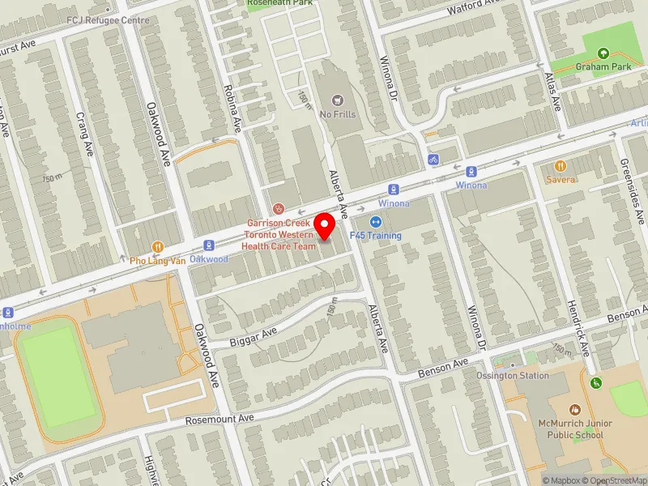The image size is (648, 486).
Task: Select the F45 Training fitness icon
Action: (x=376, y=222)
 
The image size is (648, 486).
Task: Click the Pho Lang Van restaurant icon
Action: (x=158, y=247)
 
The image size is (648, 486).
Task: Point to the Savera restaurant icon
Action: (x=560, y=166)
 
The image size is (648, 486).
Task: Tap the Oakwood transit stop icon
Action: (x=208, y=245)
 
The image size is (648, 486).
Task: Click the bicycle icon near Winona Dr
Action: (x=433, y=160)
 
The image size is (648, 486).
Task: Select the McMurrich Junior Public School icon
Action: (x=575, y=410)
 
